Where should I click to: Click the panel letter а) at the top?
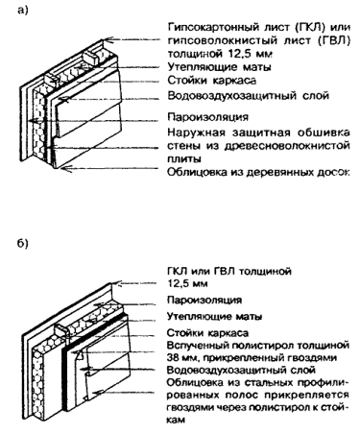click(23, 11)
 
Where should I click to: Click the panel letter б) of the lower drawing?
click(23, 244)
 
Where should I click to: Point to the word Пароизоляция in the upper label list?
click(207, 117)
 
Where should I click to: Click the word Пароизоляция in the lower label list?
click(204, 301)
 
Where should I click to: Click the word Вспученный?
click(198, 346)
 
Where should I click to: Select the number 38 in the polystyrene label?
click(172, 357)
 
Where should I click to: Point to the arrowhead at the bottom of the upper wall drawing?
click(65, 168)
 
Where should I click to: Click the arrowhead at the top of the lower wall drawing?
click(119, 283)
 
